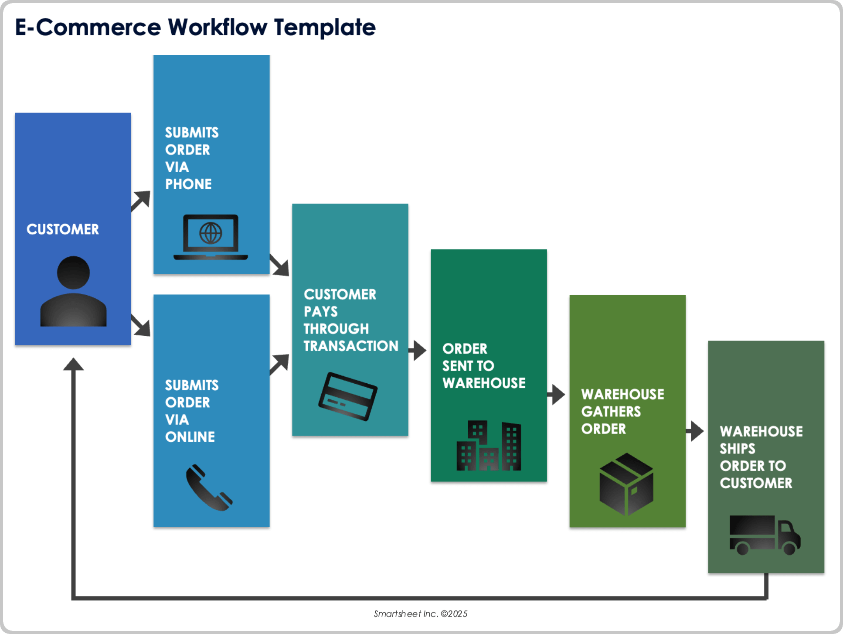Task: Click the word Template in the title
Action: click(324, 27)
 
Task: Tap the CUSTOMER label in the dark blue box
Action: click(63, 229)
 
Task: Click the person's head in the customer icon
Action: click(73, 273)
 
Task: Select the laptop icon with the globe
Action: click(211, 237)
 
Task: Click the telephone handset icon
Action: click(209, 487)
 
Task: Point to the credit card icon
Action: click(348, 396)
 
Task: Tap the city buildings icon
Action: click(489, 446)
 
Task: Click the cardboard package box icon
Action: click(626, 484)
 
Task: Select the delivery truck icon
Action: click(765, 535)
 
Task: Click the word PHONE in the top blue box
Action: click(188, 184)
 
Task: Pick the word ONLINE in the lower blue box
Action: click(190, 437)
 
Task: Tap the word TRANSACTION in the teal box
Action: click(351, 346)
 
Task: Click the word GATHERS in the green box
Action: click(611, 412)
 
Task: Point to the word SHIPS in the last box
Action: click(737, 449)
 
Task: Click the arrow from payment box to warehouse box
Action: click(418, 350)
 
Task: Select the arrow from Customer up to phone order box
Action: click(141, 201)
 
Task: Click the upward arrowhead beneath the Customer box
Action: click(73, 365)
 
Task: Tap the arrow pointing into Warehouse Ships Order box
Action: click(695, 431)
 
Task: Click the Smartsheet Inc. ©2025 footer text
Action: click(420, 614)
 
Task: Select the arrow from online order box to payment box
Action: click(280, 364)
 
